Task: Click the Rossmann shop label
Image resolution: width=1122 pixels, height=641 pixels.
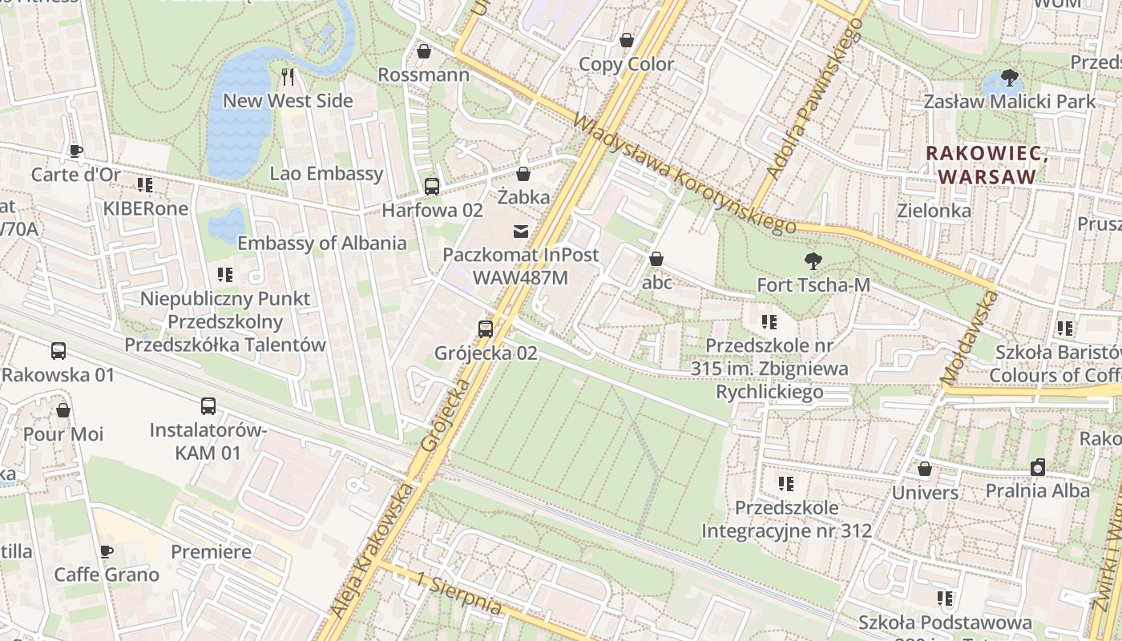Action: (x=423, y=75)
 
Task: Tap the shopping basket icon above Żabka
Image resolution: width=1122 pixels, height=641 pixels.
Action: (x=523, y=174)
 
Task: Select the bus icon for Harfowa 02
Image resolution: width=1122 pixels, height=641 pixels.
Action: (x=432, y=187)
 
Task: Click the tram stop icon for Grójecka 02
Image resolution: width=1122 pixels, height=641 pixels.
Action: (x=486, y=329)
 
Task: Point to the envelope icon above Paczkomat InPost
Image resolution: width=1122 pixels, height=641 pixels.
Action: (x=521, y=232)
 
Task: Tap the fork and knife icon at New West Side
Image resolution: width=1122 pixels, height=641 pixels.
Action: (x=289, y=77)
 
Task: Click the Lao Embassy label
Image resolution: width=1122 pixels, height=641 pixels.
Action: (x=326, y=174)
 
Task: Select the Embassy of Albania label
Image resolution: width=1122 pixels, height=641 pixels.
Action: (x=322, y=244)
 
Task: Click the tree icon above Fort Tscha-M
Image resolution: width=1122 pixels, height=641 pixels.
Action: (x=813, y=261)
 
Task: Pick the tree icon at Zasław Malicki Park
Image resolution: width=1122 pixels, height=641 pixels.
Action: (x=1009, y=78)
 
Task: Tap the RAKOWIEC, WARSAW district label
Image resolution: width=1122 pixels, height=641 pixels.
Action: (x=987, y=164)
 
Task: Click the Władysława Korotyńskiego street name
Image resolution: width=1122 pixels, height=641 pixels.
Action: (x=685, y=174)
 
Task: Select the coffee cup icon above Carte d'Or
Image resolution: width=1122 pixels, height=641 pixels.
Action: (x=75, y=151)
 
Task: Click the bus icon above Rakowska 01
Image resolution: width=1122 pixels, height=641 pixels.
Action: (x=59, y=350)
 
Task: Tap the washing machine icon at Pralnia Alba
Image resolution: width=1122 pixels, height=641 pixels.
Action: (x=1038, y=467)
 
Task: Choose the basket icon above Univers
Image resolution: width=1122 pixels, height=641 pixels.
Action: (x=925, y=469)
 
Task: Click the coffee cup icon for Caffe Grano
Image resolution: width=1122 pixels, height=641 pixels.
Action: (x=106, y=551)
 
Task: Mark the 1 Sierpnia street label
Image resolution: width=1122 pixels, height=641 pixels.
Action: (x=459, y=592)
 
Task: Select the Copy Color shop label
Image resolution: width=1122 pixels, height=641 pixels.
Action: (x=626, y=64)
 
